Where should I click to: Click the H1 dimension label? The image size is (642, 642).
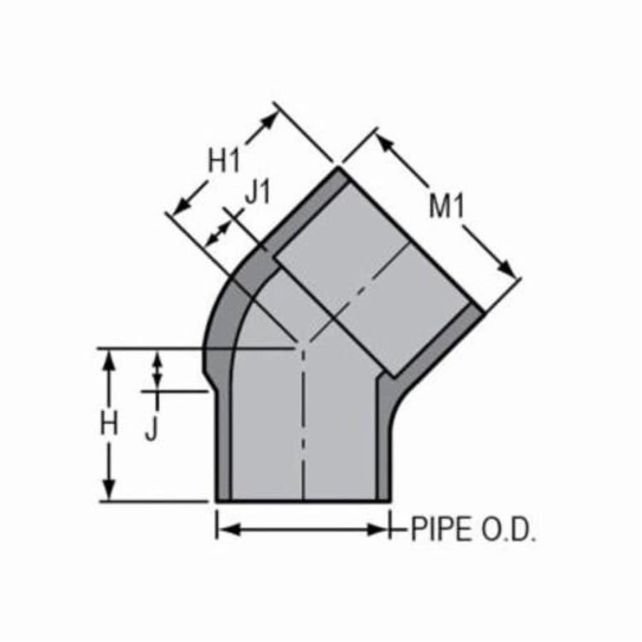click(224, 162)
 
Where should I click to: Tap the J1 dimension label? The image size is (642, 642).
click(258, 193)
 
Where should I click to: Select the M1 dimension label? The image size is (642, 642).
click(447, 207)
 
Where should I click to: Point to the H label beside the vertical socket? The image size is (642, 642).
click(108, 425)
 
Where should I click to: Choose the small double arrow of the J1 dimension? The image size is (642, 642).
click(218, 234)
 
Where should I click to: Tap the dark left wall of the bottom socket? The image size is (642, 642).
click(224, 442)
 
